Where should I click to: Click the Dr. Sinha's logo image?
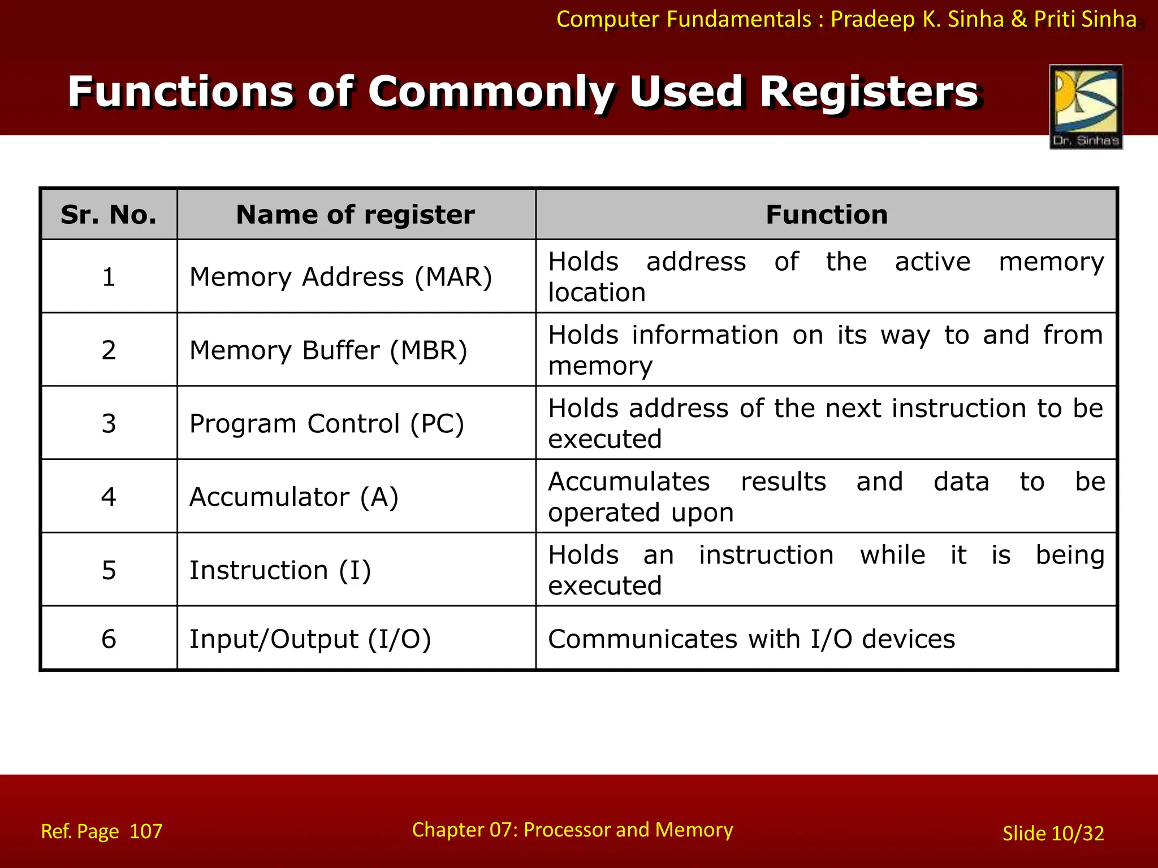tap(1086, 106)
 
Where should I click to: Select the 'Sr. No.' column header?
tap(109, 215)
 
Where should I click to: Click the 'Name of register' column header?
tap(355, 215)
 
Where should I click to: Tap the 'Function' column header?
tap(826, 215)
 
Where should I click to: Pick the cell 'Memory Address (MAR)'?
tap(341, 277)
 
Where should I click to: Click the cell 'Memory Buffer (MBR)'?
tap(329, 350)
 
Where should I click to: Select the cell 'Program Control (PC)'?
tap(327, 424)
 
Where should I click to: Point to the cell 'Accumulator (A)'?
tap(294, 497)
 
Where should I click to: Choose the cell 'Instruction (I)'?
tap(280, 570)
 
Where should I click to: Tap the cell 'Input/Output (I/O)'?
tap(310, 640)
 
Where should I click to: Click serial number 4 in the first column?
tap(109, 497)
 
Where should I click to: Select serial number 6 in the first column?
tap(109, 640)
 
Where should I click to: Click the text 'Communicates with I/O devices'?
tap(751, 640)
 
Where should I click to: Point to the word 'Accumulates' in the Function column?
tap(629, 482)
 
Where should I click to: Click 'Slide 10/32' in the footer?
tap(1053, 834)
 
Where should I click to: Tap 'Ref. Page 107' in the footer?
tap(102, 831)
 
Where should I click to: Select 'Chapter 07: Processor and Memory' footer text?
tap(572, 830)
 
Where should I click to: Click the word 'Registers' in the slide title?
tap(868, 92)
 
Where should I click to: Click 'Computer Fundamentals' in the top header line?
tap(684, 20)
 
